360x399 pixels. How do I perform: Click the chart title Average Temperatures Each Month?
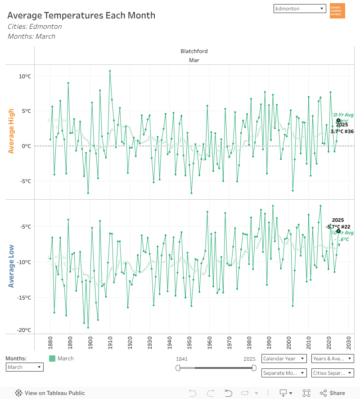(81, 15)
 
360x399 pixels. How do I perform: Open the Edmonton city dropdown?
(299, 9)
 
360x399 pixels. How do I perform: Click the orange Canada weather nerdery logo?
(337, 11)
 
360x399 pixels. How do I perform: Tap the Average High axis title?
(11, 131)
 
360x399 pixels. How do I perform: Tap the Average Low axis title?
(11, 266)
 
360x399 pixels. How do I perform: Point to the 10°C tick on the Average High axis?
(25, 76)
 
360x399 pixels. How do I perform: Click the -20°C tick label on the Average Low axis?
(24, 330)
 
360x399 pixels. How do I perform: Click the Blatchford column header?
(194, 51)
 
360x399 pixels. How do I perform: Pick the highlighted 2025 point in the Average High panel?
(338, 120)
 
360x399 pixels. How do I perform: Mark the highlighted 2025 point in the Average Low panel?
(338, 231)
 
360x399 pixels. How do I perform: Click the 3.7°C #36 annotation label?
(342, 131)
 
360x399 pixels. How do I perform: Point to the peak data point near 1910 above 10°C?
(110, 71)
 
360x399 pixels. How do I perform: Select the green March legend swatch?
(52, 359)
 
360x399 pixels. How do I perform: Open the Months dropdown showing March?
(25, 367)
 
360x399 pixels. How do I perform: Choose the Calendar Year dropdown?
(284, 359)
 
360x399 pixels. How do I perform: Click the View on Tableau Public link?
(50, 393)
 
